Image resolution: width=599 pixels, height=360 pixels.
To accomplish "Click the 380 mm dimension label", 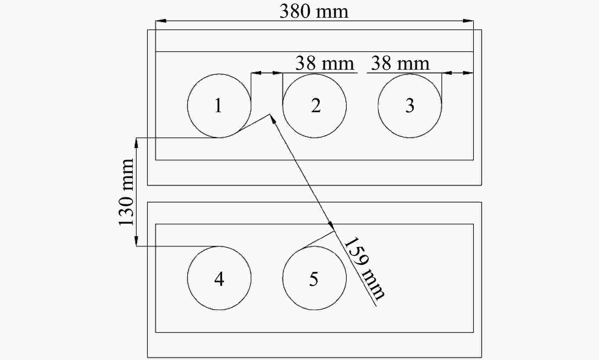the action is [x=314, y=11].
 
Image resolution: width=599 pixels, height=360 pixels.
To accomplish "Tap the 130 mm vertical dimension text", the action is [x=126, y=192].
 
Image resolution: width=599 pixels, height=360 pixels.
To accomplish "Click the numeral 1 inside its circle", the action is [x=218, y=106].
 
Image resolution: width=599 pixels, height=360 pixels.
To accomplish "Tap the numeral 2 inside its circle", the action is [x=316, y=106].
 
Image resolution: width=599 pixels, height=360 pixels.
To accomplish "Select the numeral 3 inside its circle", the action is [x=410, y=106].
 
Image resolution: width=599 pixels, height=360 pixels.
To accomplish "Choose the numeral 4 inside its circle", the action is [x=219, y=279].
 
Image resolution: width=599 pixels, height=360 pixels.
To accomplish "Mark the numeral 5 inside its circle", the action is [x=313, y=279].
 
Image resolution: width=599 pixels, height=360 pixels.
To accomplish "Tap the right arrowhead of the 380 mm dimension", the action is [x=468, y=21].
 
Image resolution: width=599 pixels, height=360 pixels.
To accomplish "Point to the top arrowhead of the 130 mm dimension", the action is [x=136, y=143].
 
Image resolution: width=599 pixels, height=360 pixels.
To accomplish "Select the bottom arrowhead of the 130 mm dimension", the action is [x=136, y=241].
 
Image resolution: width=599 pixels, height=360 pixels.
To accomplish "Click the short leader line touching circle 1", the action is [x=254, y=123].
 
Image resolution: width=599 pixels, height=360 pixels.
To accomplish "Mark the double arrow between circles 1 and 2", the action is [x=267, y=73].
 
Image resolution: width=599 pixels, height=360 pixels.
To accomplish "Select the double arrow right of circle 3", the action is [x=457, y=73].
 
